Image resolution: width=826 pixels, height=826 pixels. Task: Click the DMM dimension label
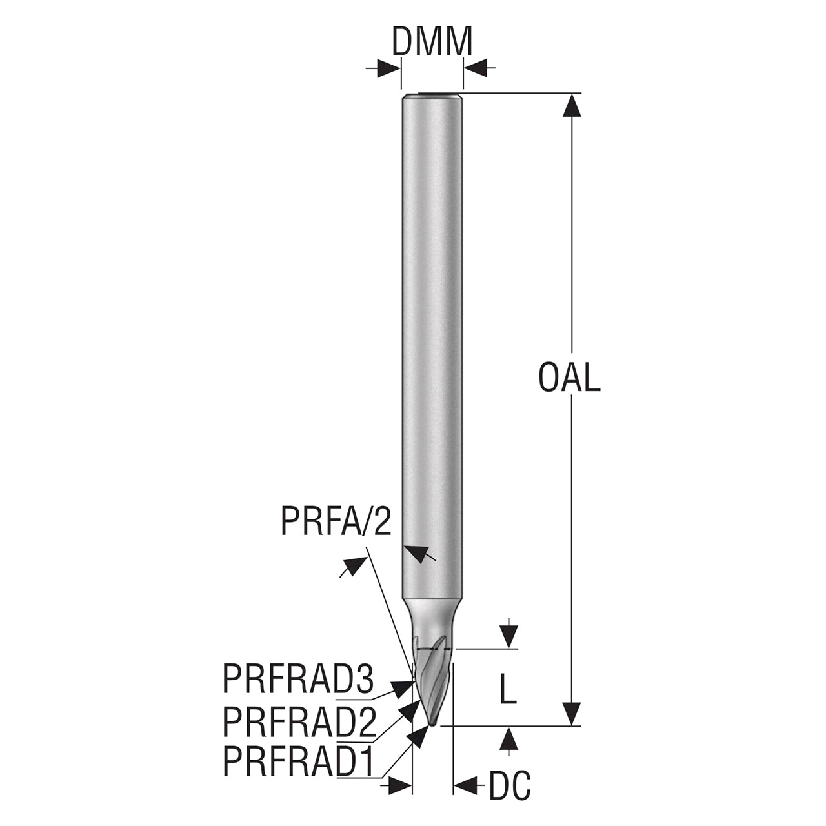click(432, 41)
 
